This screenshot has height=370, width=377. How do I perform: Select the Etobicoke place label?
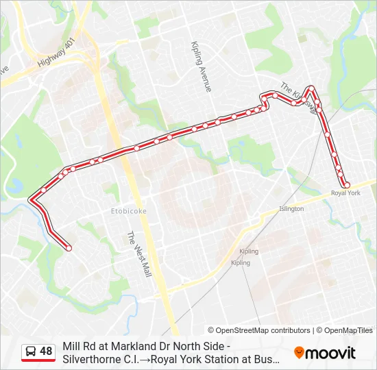click(129, 211)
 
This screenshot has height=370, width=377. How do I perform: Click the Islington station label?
click(291, 208)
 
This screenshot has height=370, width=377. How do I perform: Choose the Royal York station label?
click(345, 193)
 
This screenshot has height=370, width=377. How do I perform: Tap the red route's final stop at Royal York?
click(346, 184)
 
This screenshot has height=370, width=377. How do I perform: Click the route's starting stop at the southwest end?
click(68, 248)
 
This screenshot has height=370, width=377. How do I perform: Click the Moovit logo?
click(325, 353)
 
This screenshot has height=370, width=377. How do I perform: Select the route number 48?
click(46, 351)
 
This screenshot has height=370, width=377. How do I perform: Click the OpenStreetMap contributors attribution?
click(259, 330)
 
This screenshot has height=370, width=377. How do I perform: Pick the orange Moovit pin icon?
click(299, 353)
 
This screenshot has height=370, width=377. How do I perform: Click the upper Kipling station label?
click(249, 251)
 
